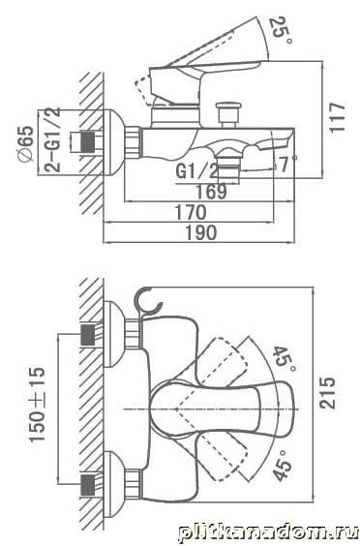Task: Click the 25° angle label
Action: [x=281, y=30]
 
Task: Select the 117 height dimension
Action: [x=337, y=117]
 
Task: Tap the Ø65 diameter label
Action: [x=26, y=143]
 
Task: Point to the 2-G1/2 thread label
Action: [x=52, y=139]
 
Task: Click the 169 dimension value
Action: [x=211, y=192]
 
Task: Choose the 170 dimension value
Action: [x=191, y=212]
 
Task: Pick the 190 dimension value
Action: [x=201, y=232]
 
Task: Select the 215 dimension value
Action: [x=327, y=392]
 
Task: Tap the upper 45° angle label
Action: [x=285, y=359]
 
